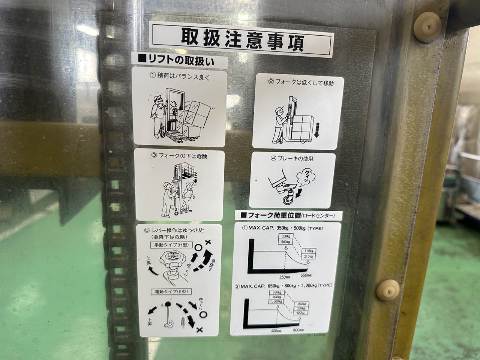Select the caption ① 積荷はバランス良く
coord(179,75)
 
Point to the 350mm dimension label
coord(285,277)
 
